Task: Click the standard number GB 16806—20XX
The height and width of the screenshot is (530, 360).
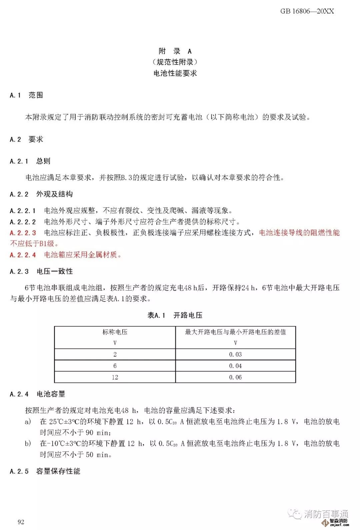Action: point(307,11)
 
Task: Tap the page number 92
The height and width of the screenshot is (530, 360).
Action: point(21,522)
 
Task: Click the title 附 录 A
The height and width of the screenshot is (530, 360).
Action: point(175,51)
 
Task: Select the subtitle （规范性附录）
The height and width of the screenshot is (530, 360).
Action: point(175,62)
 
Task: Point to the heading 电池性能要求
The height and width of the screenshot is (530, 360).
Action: point(175,73)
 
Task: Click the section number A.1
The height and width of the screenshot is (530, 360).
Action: point(15,95)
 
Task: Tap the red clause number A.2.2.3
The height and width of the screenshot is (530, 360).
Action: point(23,233)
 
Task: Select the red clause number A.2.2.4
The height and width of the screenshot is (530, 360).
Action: point(23,255)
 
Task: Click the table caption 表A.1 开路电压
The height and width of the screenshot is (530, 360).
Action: point(175,315)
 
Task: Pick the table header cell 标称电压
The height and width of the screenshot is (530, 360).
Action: point(115,332)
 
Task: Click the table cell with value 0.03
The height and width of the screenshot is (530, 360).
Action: point(235,355)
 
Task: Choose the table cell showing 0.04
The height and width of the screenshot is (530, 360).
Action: point(235,366)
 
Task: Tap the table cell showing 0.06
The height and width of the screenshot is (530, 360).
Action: point(235,377)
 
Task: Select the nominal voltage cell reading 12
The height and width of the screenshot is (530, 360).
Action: point(115,377)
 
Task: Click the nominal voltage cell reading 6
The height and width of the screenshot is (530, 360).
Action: point(115,366)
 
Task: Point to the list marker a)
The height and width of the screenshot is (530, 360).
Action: point(28,422)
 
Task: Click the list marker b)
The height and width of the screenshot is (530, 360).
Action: point(28,444)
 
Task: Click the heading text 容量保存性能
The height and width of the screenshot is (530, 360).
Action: point(58,471)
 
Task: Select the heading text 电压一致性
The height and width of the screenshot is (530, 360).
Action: point(55,272)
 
